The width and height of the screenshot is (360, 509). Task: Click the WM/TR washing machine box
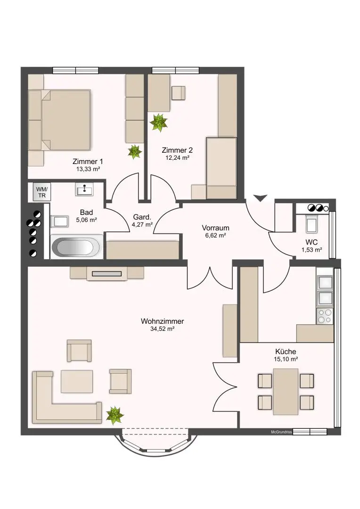click(x=42, y=192)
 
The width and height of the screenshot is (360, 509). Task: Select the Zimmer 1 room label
click(x=88, y=161)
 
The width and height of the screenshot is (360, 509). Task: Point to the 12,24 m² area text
click(x=177, y=158)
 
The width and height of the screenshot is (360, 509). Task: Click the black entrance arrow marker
click(x=261, y=198)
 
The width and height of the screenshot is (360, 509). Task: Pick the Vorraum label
click(x=215, y=228)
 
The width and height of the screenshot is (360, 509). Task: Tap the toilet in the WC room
click(x=312, y=223)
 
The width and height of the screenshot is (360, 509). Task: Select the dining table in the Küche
click(x=286, y=392)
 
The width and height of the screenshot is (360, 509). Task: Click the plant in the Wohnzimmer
click(x=115, y=415)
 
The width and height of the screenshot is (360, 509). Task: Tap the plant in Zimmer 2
click(x=159, y=122)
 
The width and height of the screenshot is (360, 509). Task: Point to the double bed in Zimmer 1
click(x=59, y=120)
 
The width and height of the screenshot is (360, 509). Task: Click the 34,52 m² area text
click(x=163, y=329)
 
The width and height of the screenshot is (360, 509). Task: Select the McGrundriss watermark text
click(x=281, y=432)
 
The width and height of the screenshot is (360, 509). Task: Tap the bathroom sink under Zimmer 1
click(x=84, y=189)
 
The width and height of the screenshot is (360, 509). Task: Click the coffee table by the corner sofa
click(x=77, y=381)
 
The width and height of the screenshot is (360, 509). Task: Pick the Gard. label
click(x=142, y=217)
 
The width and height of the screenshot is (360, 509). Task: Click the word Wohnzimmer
click(x=162, y=321)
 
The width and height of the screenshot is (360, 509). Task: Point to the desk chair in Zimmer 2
click(x=178, y=93)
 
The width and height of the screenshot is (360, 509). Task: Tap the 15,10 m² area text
click(x=286, y=359)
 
